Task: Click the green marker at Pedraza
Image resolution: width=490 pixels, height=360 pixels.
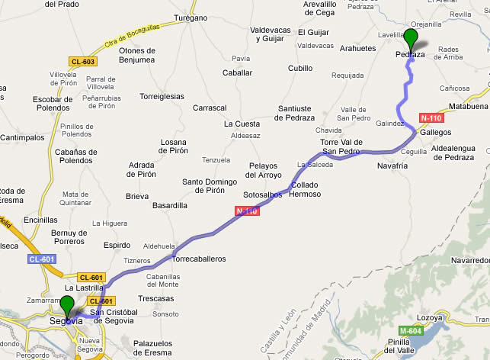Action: click(x=412, y=39)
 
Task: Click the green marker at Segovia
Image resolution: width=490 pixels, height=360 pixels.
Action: click(x=67, y=307)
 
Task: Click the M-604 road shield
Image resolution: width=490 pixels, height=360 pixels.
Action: click(x=409, y=330)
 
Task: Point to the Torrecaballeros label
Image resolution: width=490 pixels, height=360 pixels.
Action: click(x=200, y=259)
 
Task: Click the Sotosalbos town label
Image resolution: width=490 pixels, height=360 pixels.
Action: click(x=263, y=194)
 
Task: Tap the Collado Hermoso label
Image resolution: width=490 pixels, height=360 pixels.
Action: click(x=306, y=189)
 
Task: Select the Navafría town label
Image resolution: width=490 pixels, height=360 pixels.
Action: click(x=392, y=165)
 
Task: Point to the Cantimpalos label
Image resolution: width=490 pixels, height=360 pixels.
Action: click(x=22, y=137)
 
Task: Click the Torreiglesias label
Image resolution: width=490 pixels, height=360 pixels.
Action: click(x=162, y=96)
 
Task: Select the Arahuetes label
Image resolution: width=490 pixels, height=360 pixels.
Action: click(x=357, y=48)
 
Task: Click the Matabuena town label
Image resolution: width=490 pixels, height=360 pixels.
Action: click(x=468, y=106)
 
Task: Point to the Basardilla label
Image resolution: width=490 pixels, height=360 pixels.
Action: click(x=170, y=205)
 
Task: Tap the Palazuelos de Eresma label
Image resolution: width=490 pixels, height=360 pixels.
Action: click(x=162, y=348)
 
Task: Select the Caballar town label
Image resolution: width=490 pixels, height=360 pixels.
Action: click(x=237, y=72)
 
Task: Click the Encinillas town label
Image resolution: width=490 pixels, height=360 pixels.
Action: click(x=40, y=219)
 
